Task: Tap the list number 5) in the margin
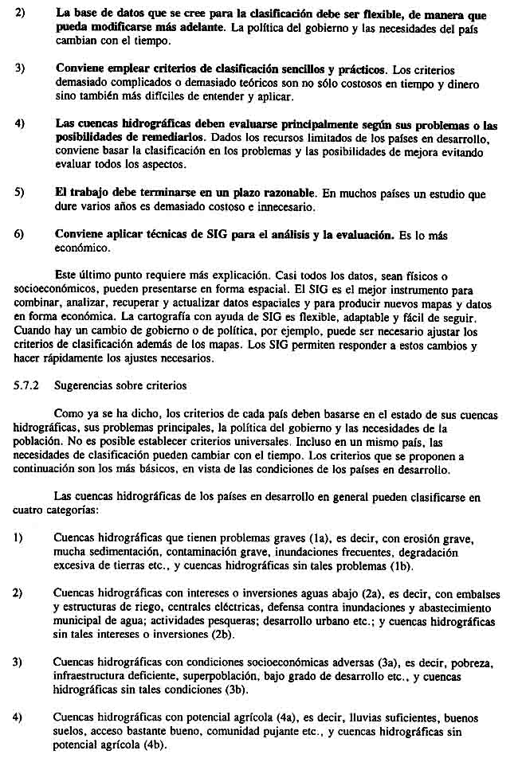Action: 19,193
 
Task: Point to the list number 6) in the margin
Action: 19,234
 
